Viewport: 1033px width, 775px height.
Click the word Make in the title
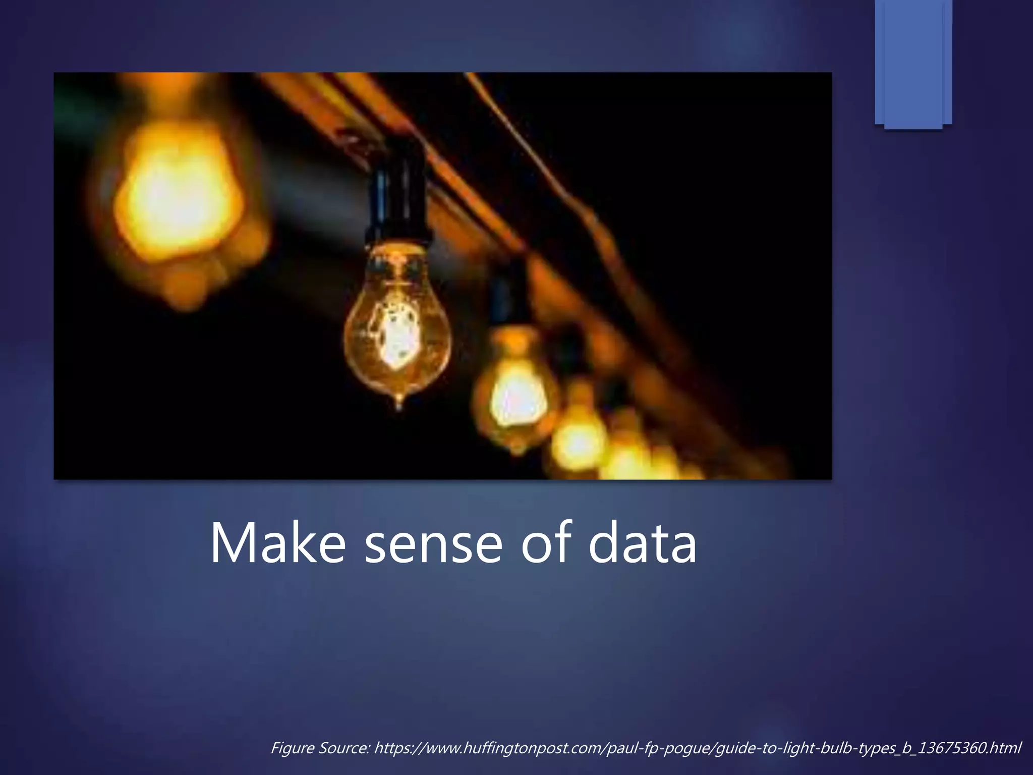[277, 544]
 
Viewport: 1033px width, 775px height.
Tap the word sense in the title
[433, 544]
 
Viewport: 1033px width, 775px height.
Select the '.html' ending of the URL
[1005, 748]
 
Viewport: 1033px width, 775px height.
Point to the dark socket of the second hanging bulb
[509, 298]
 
